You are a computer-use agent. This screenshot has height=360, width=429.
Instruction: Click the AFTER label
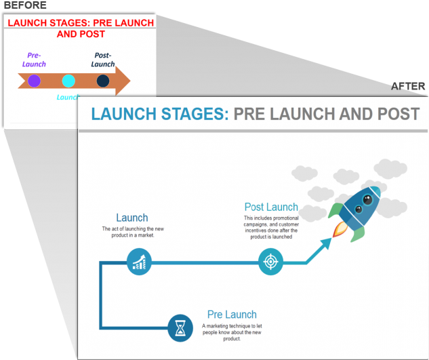[x=408, y=87]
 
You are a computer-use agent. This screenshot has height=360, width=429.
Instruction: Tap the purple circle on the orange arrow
[x=34, y=81]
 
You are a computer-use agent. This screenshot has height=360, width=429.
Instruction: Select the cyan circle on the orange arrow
[x=68, y=81]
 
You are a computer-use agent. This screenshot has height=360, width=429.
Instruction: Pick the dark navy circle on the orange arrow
[x=103, y=81]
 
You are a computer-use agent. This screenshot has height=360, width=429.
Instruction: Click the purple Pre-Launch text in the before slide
[x=34, y=60]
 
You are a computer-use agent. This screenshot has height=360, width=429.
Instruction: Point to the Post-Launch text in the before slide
[x=103, y=60]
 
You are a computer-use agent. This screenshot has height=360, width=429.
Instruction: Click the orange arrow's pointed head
[x=123, y=81]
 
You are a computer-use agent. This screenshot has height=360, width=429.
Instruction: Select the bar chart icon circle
[x=139, y=261]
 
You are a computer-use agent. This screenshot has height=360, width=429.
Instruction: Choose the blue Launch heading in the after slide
[x=131, y=218]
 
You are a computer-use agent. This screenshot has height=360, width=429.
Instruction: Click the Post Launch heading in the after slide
[x=271, y=207]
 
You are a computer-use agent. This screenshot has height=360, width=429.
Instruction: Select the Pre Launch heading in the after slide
[x=232, y=315]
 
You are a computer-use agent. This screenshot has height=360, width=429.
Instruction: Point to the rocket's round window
[x=367, y=199]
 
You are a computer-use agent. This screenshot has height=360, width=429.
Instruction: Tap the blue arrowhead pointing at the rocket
[x=326, y=243]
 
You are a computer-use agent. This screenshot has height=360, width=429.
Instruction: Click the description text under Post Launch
[x=271, y=228]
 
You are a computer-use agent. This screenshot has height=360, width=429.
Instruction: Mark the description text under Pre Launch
[x=231, y=332]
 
